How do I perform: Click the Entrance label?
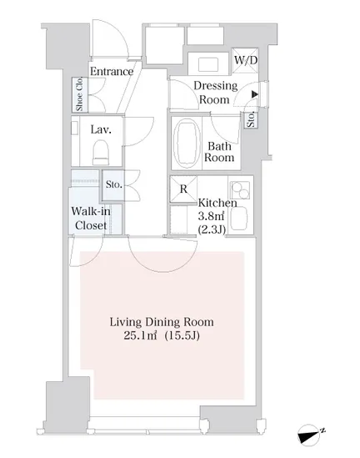[x=112, y=71]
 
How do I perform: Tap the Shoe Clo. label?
[x=79, y=94]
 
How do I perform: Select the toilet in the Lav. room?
[x=101, y=152]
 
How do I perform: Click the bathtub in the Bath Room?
[x=187, y=143]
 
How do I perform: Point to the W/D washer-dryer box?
[x=246, y=60]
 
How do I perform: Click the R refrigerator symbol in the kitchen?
[x=183, y=189]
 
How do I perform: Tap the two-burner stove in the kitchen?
[x=240, y=190]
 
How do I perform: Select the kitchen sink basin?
[x=238, y=219]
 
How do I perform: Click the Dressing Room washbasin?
[x=208, y=64]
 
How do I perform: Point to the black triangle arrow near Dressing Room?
[x=255, y=94]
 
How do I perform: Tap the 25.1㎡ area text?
[x=140, y=335]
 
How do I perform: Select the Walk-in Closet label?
[x=91, y=219]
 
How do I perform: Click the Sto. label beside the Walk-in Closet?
[x=114, y=184]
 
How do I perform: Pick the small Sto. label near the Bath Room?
[x=251, y=119]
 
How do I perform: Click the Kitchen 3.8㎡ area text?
[x=211, y=216]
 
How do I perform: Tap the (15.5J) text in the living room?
[x=182, y=335]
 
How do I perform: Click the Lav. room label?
[x=101, y=129]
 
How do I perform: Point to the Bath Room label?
[x=219, y=152]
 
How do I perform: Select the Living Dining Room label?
[x=162, y=322]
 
